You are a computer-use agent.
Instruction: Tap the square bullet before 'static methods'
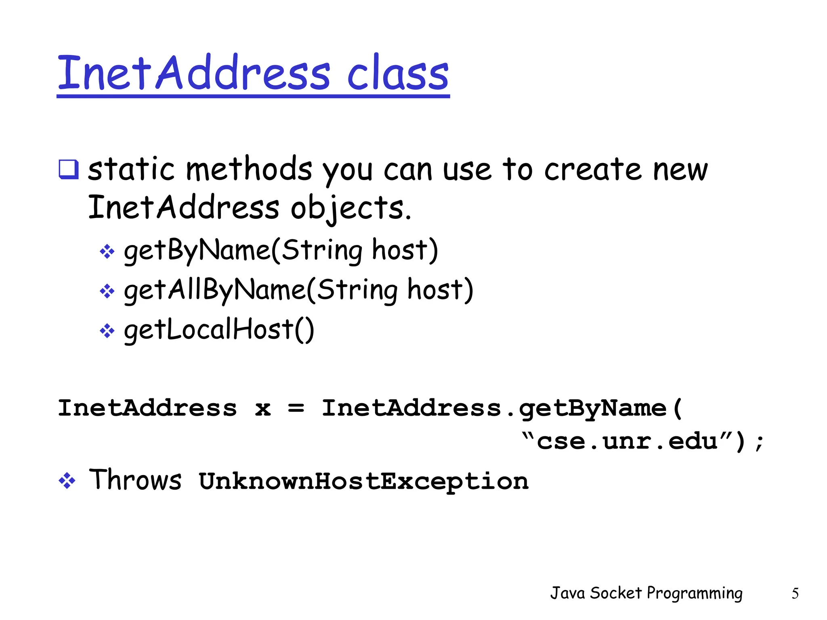pyautogui.click(x=68, y=169)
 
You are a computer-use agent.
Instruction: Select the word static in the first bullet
pyautogui.click(x=131, y=169)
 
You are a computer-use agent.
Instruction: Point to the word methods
pyautogui.click(x=249, y=169)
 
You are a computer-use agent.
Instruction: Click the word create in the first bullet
pyautogui.click(x=592, y=169)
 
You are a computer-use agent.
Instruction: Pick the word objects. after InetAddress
pyautogui.click(x=351, y=208)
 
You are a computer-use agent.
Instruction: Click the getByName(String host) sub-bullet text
pyautogui.click(x=281, y=250)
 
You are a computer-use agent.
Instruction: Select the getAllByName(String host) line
pyautogui.click(x=298, y=290)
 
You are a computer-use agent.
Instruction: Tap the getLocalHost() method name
pyautogui.click(x=219, y=329)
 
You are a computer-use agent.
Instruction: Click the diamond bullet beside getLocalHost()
pyautogui.click(x=107, y=331)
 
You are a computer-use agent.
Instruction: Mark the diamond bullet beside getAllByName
pyautogui.click(x=107, y=291)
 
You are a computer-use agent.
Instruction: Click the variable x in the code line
pyautogui.click(x=262, y=408)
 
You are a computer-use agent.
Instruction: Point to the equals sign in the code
pyautogui.click(x=296, y=408)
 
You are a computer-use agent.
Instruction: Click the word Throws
pyautogui.click(x=135, y=480)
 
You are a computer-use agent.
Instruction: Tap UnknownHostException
pyautogui.click(x=363, y=481)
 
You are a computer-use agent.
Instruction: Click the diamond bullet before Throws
pyautogui.click(x=67, y=481)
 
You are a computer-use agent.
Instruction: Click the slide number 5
pyautogui.click(x=795, y=593)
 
